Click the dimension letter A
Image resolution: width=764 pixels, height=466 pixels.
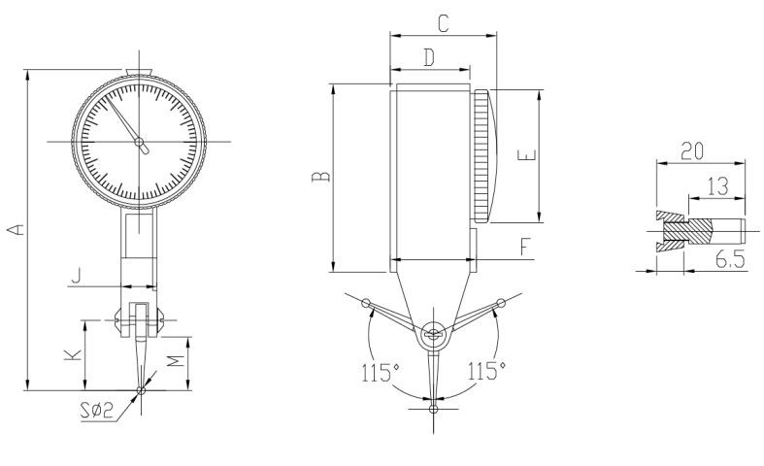[x=17, y=229]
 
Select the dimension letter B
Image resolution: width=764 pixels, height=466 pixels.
[x=320, y=177]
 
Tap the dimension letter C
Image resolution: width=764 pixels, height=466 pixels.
[x=443, y=23]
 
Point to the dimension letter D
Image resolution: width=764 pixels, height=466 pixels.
[x=429, y=57]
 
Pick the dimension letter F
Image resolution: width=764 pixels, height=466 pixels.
[x=524, y=248]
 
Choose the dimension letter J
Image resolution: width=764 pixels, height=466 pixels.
[x=76, y=276]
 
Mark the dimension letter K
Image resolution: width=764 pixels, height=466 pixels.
[x=73, y=355]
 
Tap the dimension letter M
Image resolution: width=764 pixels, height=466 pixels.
[x=176, y=361]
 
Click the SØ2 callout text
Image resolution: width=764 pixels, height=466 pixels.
[x=97, y=411]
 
